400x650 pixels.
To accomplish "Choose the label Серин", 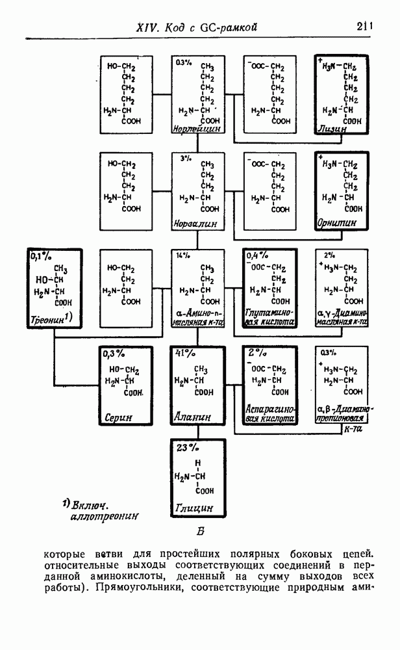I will point(119,418).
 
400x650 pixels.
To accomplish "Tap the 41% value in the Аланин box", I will point(185,353).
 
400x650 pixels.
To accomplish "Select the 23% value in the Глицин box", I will point(186,448).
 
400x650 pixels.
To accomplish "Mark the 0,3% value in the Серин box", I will point(114,353).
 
